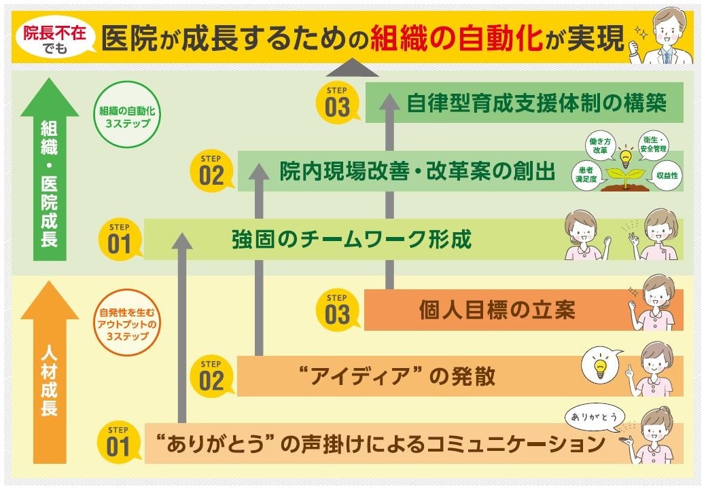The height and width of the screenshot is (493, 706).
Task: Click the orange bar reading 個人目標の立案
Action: pyautogui.click(x=497, y=310)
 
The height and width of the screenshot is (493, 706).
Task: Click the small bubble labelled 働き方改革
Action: pyautogui.click(x=601, y=145)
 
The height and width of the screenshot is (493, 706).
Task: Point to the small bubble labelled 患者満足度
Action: pyautogui.click(x=588, y=175)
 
